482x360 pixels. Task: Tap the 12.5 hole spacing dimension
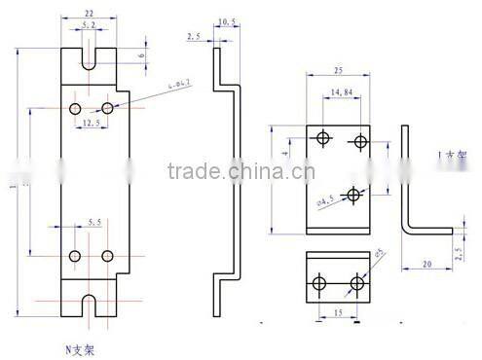[90, 124]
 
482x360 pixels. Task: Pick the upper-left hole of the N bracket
[76, 107]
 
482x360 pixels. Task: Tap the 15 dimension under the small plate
[338, 313]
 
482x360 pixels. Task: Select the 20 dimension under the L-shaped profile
[426, 264]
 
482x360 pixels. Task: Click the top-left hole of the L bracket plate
[323, 139]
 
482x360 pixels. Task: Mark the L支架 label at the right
[453, 155]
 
